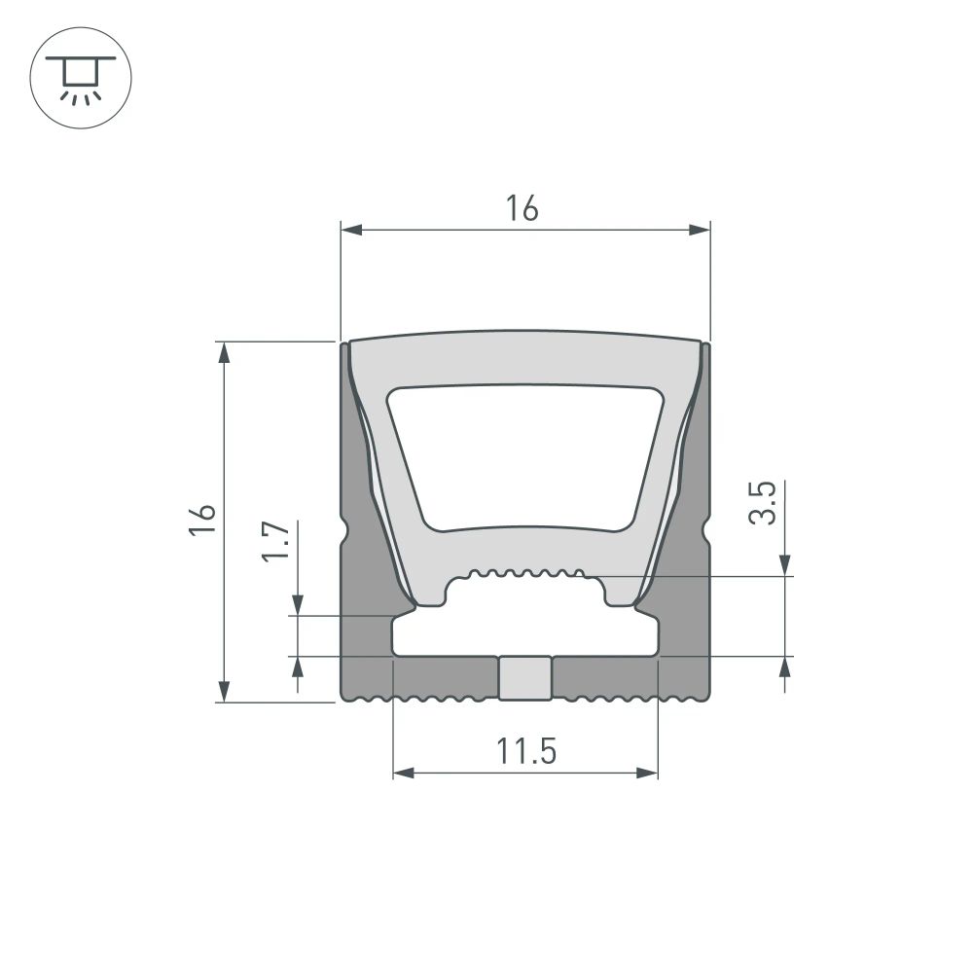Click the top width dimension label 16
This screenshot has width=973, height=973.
(x=522, y=208)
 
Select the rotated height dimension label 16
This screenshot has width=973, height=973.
(x=202, y=521)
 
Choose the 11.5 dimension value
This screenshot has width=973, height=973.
(x=525, y=751)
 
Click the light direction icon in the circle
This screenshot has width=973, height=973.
(x=81, y=81)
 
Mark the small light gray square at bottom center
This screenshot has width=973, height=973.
(x=525, y=678)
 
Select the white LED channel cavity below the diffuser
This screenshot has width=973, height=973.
(x=525, y=632)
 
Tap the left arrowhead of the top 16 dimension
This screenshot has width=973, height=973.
(x=351, y=231)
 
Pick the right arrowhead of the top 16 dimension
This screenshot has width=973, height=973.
(x=699, y=231)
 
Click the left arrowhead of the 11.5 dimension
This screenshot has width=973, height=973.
(x=404, y=774)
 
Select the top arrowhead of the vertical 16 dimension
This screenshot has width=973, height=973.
(x=225, y=352)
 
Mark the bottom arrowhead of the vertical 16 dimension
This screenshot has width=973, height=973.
(x=225, y=690)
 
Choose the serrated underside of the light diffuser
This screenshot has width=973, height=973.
(x=525, y=573)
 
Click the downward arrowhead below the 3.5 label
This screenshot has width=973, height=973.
(x=785, y=565)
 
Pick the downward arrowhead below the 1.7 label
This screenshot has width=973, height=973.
(x=299, y=604)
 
